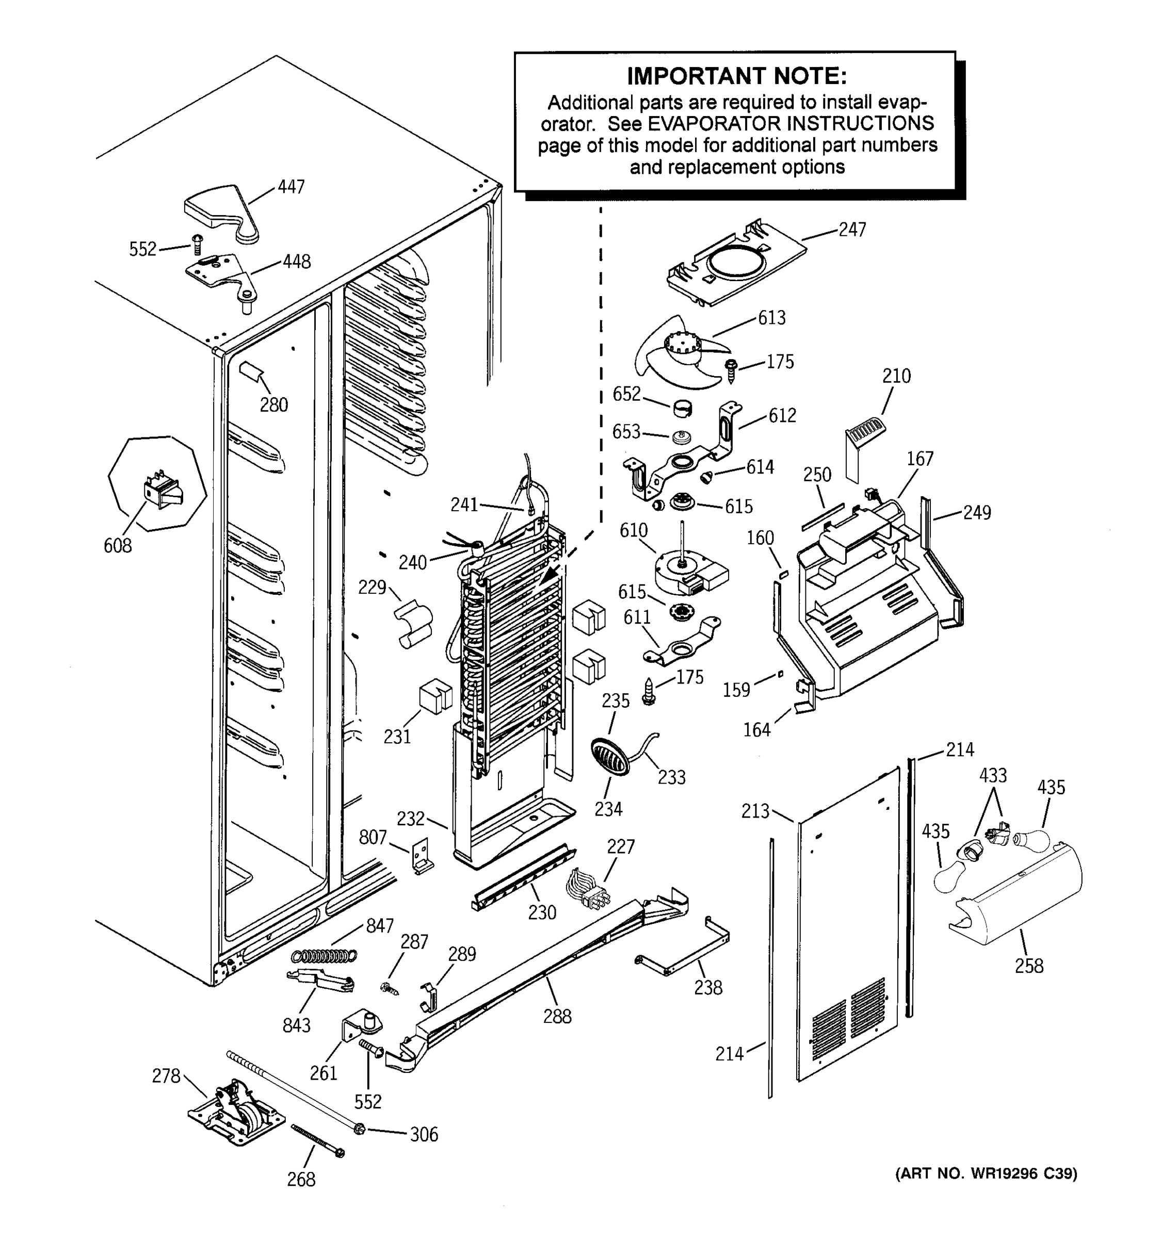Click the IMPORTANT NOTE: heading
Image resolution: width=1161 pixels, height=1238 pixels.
[x=736, y=76]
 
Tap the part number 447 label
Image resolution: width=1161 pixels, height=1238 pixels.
[x=291, y=186]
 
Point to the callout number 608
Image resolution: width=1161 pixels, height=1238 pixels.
[x=118, y=546]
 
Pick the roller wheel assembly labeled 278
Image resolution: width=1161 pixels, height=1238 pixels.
[x=237, y=1117]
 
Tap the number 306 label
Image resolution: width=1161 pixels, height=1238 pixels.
[x=424, y=1135]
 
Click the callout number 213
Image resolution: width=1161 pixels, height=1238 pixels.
[x=755, y=811]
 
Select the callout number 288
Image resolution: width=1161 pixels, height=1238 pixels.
[x=557, y=1016]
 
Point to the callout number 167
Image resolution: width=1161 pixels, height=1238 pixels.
[x=920, y=459]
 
